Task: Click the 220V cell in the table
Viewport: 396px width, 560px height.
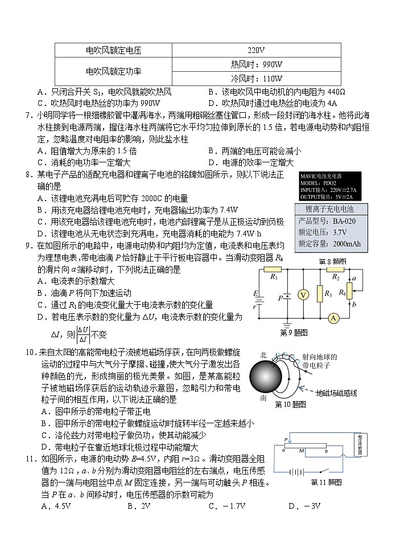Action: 257,50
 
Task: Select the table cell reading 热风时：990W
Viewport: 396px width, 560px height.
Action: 257,64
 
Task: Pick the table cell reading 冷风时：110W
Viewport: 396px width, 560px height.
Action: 257,79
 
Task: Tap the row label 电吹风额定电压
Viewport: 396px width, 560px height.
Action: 113,50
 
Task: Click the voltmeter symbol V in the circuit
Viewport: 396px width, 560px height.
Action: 304,295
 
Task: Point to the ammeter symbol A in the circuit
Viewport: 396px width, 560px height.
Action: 336,317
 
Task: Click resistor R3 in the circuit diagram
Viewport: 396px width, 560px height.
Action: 319,294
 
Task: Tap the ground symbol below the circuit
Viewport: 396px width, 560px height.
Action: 287,323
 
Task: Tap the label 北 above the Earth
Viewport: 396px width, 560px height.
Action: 263,354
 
